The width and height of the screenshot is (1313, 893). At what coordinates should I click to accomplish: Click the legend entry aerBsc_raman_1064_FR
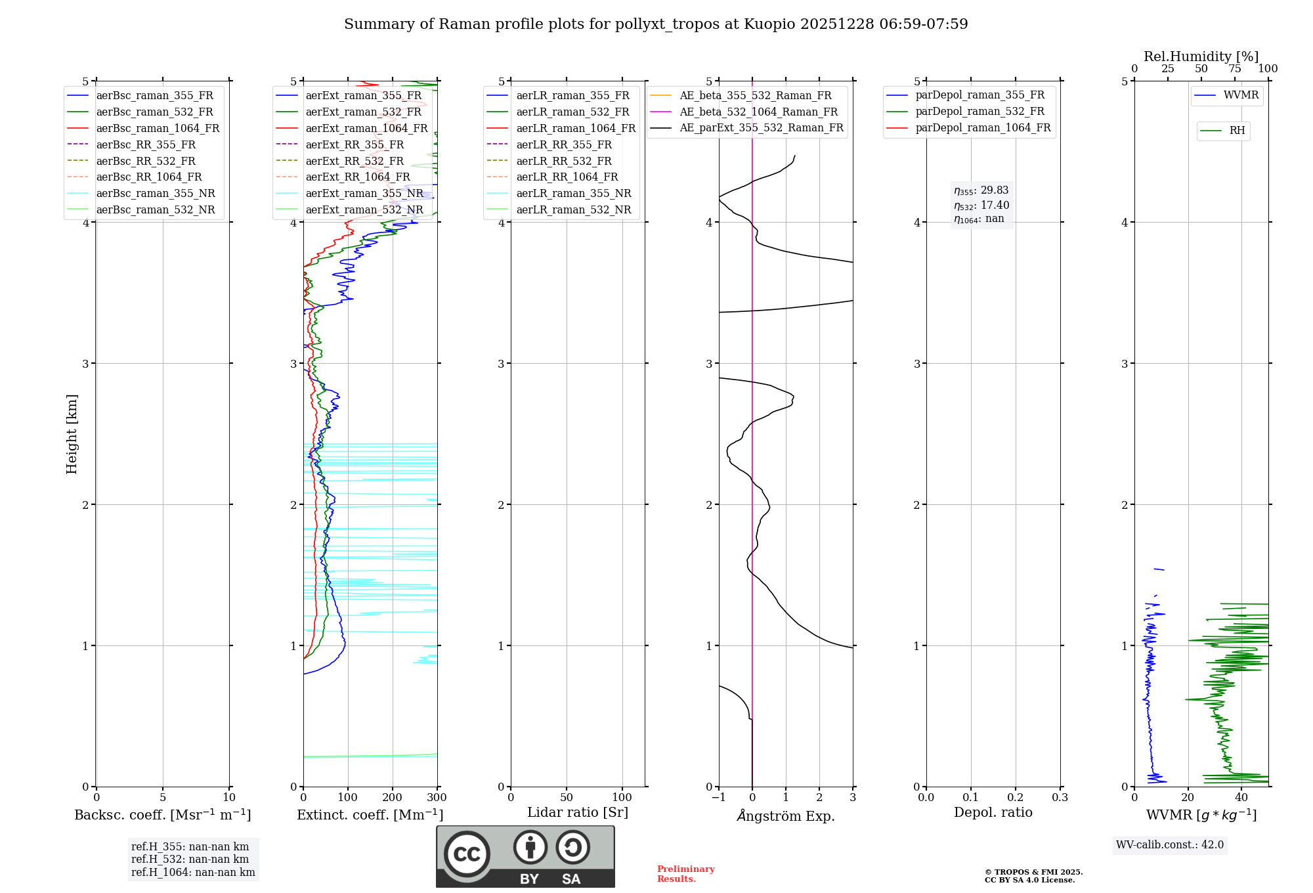(158, 129)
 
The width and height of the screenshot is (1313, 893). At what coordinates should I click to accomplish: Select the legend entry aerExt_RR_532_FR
(355, 161)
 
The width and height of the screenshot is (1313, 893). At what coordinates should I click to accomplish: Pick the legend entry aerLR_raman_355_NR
(573, 194)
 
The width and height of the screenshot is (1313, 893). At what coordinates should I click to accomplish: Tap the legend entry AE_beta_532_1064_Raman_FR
(758, 112)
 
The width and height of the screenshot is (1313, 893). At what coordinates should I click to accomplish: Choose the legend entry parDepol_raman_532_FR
(979, 112)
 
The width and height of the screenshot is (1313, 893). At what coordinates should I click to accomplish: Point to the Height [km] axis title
(72, 434)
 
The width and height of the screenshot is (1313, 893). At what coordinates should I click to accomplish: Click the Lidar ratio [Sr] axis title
(577, 812)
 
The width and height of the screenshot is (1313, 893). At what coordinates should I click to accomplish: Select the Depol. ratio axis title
(993, 812)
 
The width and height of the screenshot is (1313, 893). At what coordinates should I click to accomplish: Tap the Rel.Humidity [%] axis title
(1201, 56)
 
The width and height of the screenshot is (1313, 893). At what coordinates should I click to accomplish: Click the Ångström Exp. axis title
(785, 816)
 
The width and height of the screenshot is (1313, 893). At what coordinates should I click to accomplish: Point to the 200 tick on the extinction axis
(393, 798)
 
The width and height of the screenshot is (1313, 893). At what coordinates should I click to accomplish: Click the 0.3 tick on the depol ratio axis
(1060, 798)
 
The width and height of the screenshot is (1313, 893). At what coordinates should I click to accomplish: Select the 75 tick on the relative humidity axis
(1234, 69)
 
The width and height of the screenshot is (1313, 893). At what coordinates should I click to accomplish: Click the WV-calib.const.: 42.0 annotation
(1170, 845)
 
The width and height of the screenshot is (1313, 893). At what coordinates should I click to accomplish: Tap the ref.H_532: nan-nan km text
(190, 860)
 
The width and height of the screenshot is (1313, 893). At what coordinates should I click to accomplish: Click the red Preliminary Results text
(685, 874)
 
